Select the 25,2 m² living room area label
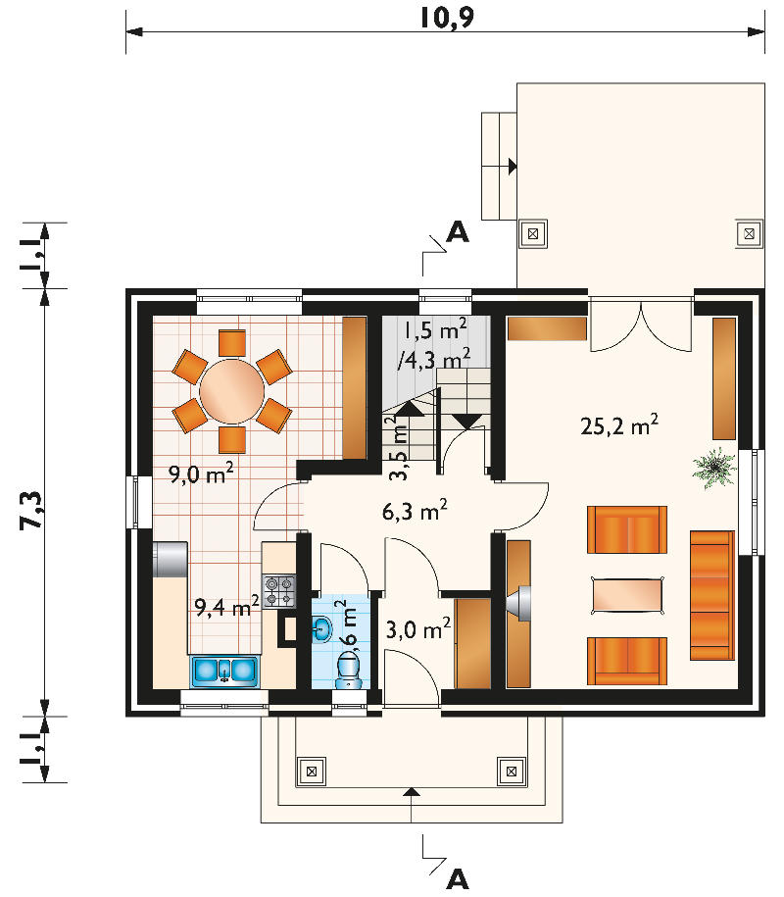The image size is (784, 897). pos(619,425)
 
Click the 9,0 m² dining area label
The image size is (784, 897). pos(201,473)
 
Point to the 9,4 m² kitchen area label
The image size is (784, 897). pos(227,606)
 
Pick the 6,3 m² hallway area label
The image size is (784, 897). pos(415,511)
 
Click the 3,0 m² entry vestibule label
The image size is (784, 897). pos(418,628)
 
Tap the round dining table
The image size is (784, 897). pos(232,391)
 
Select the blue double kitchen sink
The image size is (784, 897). pos(224,671)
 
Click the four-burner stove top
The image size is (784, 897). pos(279,591)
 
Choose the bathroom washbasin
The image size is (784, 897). pos(322,629)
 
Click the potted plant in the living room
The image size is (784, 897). pos(713,468)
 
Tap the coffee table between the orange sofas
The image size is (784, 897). pos(628,595)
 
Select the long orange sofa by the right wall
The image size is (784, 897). pos(711,595)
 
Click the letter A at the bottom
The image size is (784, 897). pos(458,879)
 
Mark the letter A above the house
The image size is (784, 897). pos(458,231)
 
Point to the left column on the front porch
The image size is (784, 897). pos(312,772)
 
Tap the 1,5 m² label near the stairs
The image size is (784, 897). pos(435,329)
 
